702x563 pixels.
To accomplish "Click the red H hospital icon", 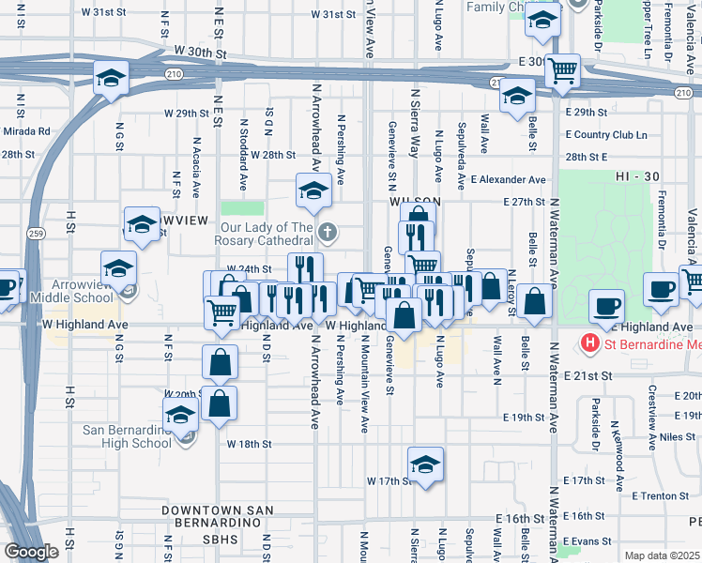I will click(590, 343).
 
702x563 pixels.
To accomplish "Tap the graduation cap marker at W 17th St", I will click(426, 464).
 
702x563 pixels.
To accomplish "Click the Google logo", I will click(31, 552).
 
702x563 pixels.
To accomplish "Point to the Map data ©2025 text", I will click(663, 555).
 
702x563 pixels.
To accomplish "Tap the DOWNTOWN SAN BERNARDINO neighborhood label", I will click(218, 516).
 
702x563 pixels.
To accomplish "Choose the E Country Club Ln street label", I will click(607, 135).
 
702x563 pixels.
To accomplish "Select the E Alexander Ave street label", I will click(508, 179).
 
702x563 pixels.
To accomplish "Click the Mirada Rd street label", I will click(26, 132).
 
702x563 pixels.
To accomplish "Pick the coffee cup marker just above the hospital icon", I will click(606, 305).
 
